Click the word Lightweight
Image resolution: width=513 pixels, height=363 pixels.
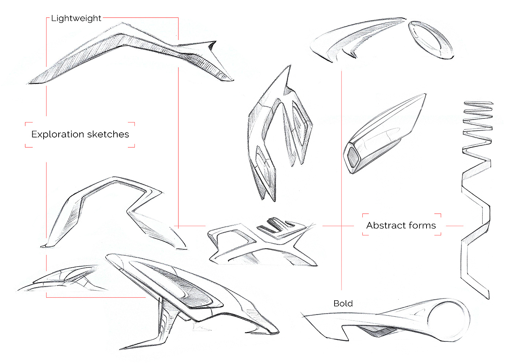click(76, 18)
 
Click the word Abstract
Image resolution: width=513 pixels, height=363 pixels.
click(383, 225)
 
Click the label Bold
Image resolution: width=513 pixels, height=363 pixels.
click(343, 303)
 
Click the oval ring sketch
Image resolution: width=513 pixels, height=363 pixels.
click(431, 40)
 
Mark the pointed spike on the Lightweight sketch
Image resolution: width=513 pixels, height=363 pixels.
click(211, 45)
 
